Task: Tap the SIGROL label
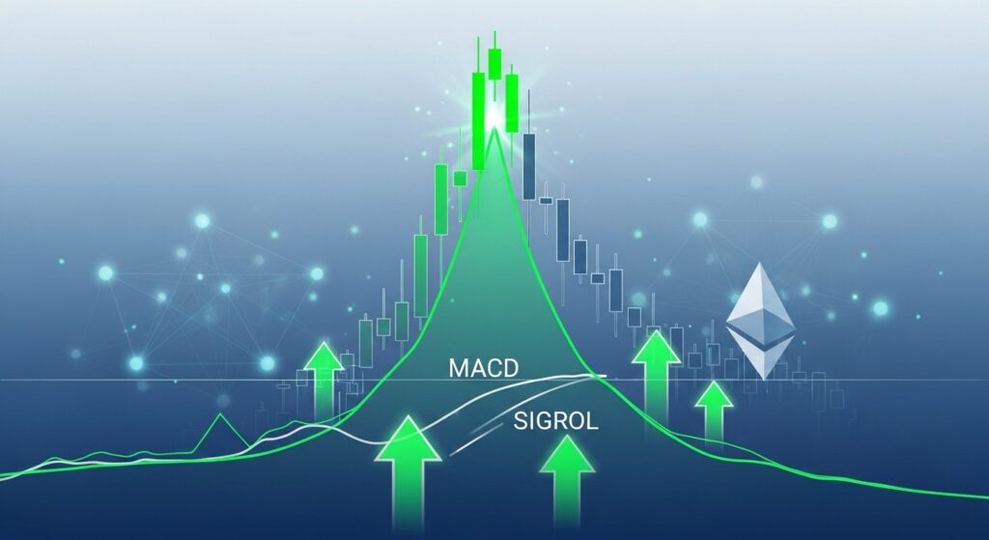point(555,421)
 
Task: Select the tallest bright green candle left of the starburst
point(477,120)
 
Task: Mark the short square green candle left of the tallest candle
point(460,178)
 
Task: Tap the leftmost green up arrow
point(324,377)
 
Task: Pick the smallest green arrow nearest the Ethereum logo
point(714,410)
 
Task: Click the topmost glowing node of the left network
point(202,221)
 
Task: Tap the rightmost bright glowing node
point(880,308)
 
